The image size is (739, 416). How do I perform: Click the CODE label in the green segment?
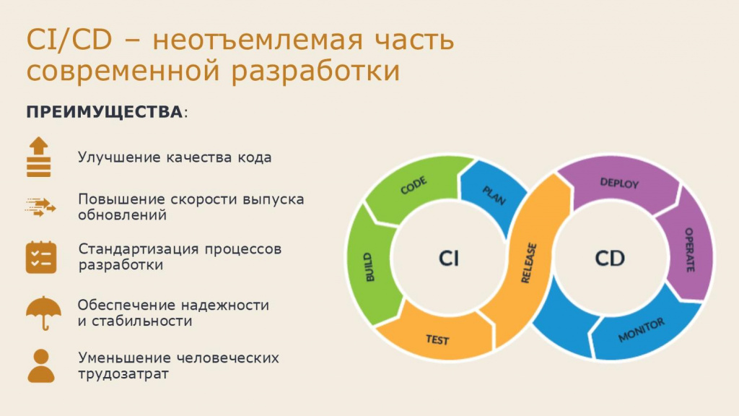click(414, 186)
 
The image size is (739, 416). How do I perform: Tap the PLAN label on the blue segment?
click(494, 195)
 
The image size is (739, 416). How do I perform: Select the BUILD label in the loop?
click(369, 267)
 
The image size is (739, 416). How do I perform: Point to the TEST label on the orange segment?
click(437, 339)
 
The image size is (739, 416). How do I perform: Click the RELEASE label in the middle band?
click(529, 263)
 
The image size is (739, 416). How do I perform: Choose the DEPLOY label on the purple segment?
click(619, 183)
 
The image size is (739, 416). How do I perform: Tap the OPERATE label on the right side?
click(689, 249)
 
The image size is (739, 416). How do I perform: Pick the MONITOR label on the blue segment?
click(642, 329)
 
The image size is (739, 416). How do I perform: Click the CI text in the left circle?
click(448, 259)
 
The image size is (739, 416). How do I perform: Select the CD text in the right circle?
click(610, 259)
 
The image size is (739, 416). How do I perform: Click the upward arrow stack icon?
click(39, 157)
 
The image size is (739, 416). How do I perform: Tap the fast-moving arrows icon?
click(40, 207)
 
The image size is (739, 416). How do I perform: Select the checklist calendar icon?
click(41, 258)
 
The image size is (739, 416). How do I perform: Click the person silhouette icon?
click(41, 366)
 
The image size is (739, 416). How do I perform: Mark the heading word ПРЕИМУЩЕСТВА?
click(105, 112)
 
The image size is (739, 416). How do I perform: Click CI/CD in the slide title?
click(69, 40)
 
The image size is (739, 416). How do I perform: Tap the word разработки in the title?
click(315, 71)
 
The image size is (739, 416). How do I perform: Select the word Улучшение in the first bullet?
click(119, 157)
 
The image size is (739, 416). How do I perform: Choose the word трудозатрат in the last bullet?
click(123, 374)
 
